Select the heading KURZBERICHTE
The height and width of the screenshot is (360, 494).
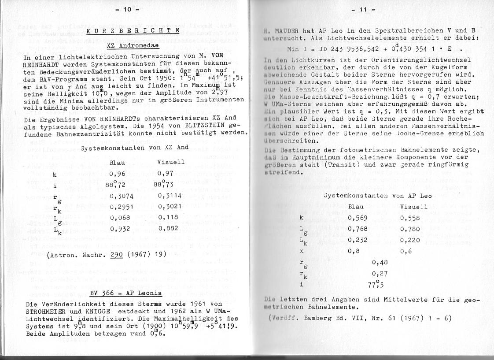click(133, 31)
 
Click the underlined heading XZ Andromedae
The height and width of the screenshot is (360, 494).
click(133, 45)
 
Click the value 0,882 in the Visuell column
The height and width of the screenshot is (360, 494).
click(169, 228)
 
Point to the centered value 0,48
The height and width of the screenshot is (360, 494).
click(380, 263)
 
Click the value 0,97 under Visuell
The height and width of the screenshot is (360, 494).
click(167, 174)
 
